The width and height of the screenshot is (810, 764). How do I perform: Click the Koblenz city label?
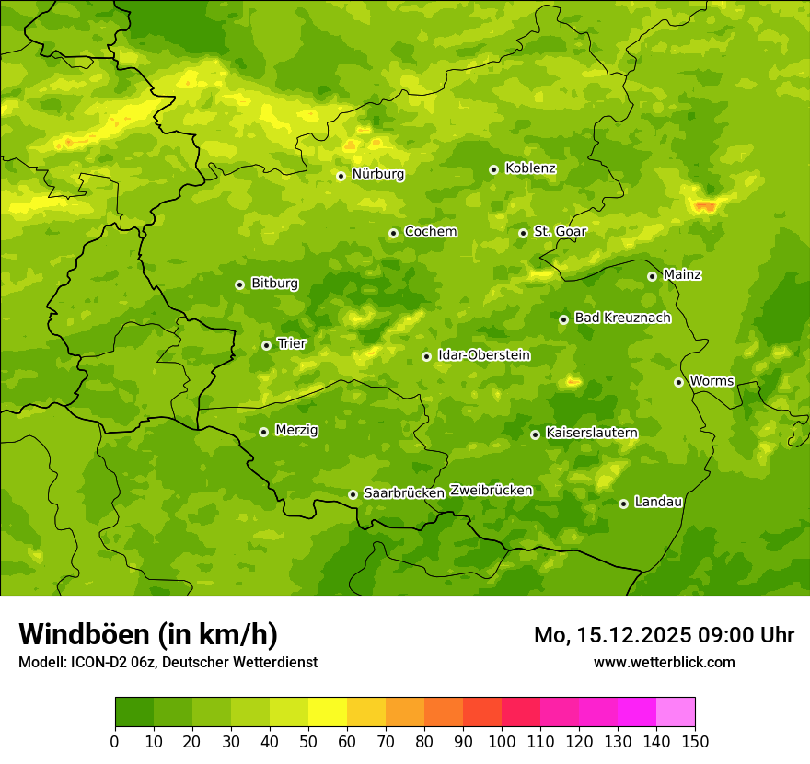click(530, 168)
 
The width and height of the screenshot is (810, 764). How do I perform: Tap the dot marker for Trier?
click(266, 345)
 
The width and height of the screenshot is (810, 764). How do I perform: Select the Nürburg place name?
click(377, 174)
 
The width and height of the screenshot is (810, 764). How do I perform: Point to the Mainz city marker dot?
click(652, 276)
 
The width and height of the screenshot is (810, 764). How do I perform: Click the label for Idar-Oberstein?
click(483, 355)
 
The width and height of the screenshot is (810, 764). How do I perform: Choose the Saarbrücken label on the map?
click(403, 493)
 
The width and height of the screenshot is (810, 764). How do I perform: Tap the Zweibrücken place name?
click(491, 491)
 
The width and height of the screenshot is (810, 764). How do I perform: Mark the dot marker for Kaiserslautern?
click(535, 434)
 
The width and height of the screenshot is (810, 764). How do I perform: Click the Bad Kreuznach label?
click(622, 318)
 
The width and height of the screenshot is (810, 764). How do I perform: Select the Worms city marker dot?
click(678, 382)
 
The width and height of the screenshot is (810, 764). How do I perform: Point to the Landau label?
click(658, 502)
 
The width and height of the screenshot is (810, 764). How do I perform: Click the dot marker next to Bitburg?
click(239, 284)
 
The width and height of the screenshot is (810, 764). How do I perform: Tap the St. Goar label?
click(560, 232)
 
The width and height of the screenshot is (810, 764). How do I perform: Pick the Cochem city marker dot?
click(393, 233)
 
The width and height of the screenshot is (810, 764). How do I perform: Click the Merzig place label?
click(296, 430)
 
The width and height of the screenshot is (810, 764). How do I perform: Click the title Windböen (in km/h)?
click(148, 634)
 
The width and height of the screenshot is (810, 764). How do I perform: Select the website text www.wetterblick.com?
click(664, 662)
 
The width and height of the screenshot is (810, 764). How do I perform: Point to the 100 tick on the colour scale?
click(502, 741)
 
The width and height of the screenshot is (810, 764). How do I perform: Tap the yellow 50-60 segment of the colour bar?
click(328, 712)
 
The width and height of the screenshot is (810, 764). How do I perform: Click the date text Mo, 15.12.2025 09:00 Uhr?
click(664, 635)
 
